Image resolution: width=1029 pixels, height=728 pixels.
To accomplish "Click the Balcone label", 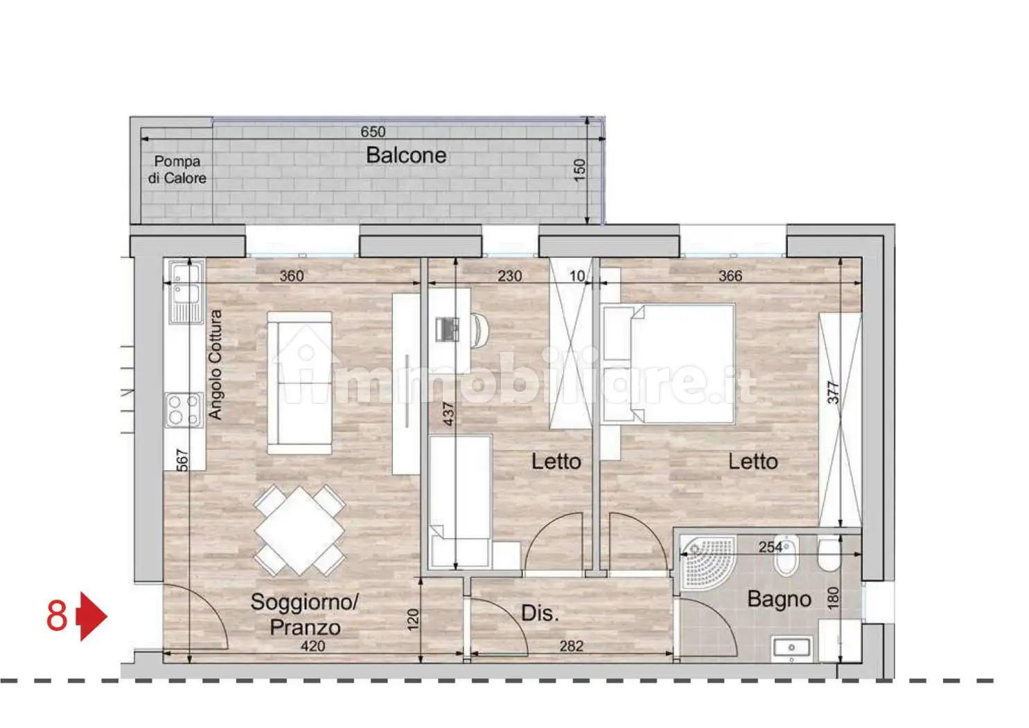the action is [406, 155].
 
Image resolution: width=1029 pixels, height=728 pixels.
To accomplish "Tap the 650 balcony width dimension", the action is [373, 132].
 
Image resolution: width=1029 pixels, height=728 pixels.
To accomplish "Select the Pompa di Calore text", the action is [177, 170].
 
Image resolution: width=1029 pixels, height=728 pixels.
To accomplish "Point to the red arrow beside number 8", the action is [92, 616].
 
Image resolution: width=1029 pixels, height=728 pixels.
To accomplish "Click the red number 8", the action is [57, 616].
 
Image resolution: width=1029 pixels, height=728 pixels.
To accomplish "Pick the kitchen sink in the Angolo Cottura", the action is [186, 293].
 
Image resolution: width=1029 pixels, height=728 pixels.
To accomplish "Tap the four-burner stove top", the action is [184, 410].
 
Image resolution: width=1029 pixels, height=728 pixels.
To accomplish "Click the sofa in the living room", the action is [299, 383].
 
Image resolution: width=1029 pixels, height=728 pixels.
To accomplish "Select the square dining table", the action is [299, 531].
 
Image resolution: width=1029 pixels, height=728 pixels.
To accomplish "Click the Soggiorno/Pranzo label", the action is [305, 614].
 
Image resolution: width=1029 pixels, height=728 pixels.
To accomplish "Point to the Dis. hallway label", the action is [540, 613].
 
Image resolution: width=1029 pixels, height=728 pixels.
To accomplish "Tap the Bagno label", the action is [779, 599].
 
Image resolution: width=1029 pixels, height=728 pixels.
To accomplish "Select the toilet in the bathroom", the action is [829, 555].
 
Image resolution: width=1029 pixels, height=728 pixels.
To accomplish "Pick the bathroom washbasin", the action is [791, 648].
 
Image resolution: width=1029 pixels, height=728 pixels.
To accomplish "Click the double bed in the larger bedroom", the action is [669, 363].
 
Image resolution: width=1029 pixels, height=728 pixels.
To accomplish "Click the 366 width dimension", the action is [730, 276].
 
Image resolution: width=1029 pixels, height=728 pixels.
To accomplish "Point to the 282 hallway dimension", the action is [572, 646].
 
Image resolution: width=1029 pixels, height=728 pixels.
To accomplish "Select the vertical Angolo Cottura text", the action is [215, 365].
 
